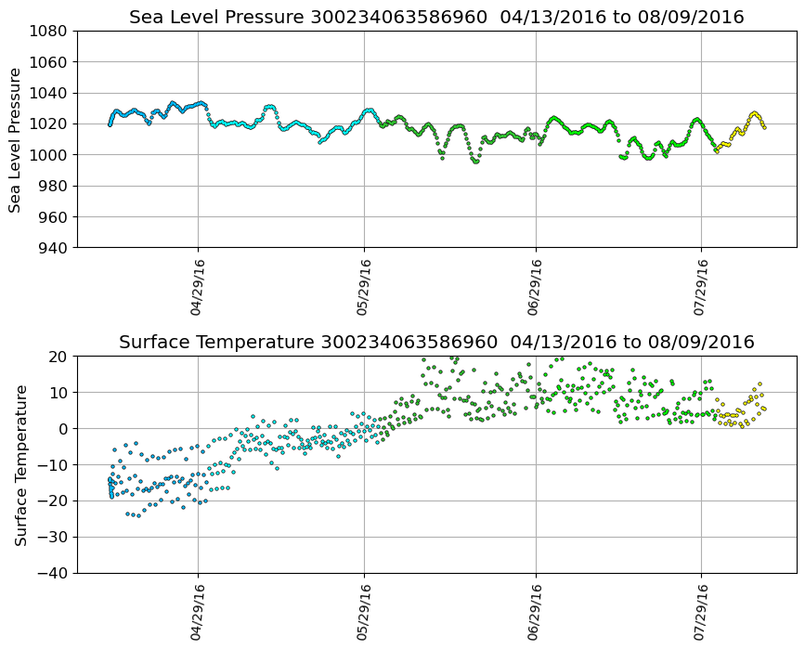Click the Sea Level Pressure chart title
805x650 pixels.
pos(436,18)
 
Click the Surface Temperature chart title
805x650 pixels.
pos(436,343)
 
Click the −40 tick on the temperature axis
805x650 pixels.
pos(52,573)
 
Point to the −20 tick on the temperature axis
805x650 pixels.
pos(52,501)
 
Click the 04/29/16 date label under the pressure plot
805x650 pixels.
pos(197,288)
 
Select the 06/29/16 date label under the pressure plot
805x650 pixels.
pos(536,288)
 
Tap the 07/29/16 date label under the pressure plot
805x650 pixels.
pos(702,288)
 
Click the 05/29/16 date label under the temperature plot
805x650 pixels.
pos(364,613)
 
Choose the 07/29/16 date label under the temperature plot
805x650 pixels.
pos(702,613)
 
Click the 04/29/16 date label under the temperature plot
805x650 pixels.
pos(197,613)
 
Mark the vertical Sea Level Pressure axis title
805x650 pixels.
pos(16,139)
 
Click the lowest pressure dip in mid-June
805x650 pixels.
pos(475,162)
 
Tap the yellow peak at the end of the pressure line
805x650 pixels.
pos(754,113)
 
